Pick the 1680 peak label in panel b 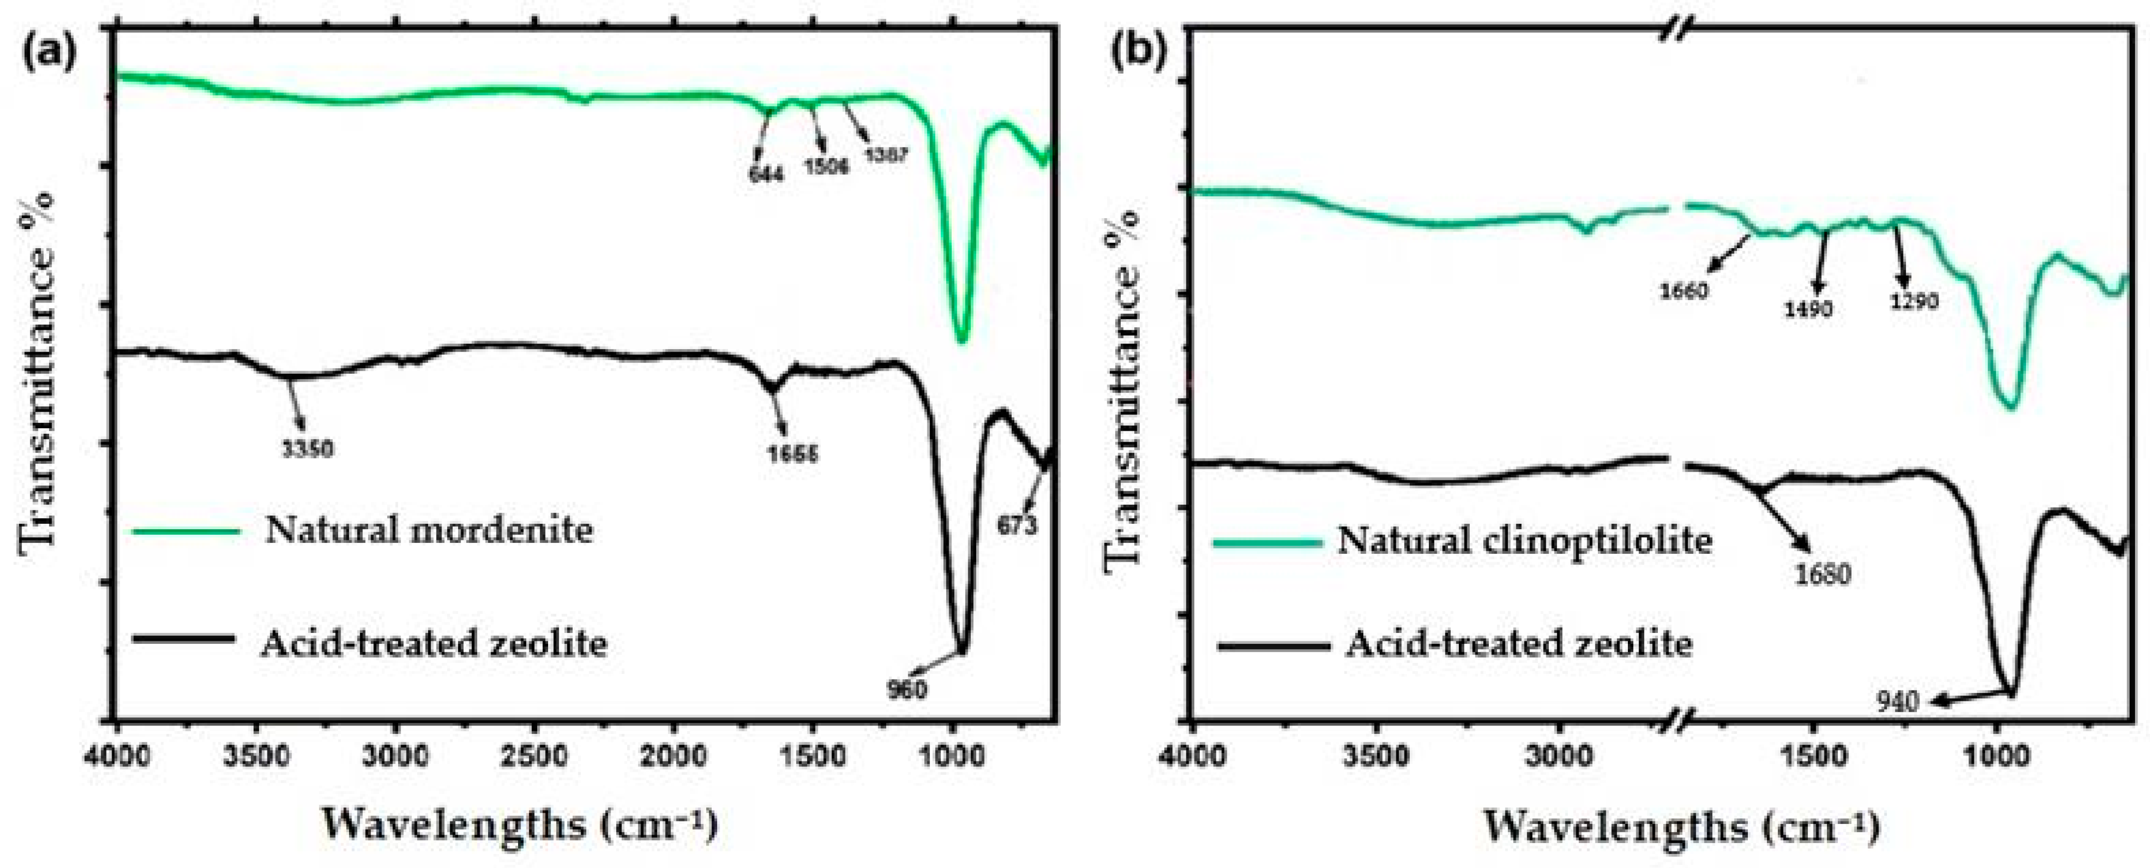point(1823,574)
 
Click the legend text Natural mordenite point(429,530)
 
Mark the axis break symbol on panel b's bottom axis point(1675,720)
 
